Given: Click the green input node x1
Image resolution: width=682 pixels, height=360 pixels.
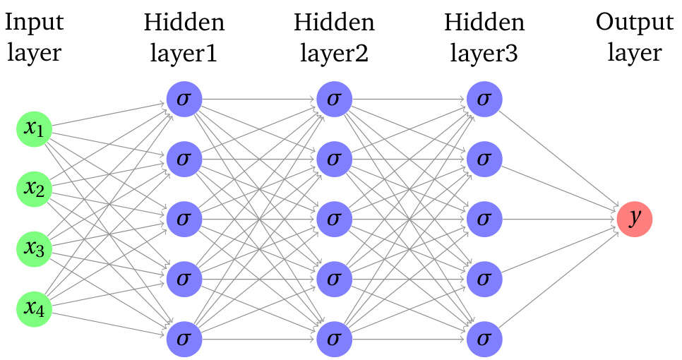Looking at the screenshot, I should [35, 129].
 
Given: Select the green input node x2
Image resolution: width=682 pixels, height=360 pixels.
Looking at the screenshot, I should [35, 189].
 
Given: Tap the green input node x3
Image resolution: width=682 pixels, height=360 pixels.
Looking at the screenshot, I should [35, 249].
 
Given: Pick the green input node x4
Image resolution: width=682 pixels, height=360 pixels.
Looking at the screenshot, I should [35, 309].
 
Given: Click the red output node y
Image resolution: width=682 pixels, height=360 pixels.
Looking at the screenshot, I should [634, 219].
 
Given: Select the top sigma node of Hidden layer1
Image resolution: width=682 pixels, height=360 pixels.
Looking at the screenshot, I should [184, 99].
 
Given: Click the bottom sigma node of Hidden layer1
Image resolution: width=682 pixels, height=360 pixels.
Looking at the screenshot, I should [184, 339].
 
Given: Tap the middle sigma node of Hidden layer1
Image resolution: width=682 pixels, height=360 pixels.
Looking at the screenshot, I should [184, 219].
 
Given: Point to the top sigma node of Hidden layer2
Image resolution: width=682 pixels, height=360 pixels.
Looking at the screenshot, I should [334, 99].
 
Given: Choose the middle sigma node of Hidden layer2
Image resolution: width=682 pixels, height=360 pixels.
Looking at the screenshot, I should [334, 219].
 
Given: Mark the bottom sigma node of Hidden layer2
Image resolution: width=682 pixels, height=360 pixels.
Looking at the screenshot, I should [334, 339].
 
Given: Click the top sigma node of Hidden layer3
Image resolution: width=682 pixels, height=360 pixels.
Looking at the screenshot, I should [484, 99].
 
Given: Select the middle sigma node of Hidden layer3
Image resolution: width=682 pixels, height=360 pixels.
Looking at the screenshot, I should [484, 219].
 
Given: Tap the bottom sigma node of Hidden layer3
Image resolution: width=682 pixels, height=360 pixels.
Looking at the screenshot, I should [484, 339].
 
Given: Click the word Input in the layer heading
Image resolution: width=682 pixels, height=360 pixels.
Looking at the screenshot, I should [35, 23].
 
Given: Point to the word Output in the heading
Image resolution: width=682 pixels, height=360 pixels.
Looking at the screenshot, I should [634, 23].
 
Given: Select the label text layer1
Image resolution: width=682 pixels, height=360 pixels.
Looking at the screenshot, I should [184, 54].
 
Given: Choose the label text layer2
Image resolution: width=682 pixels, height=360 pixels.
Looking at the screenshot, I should [334, 54].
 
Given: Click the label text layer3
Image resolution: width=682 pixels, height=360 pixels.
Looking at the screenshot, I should [484, 54].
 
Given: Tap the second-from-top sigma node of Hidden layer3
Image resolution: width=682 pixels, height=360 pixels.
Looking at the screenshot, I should [484, 159].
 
